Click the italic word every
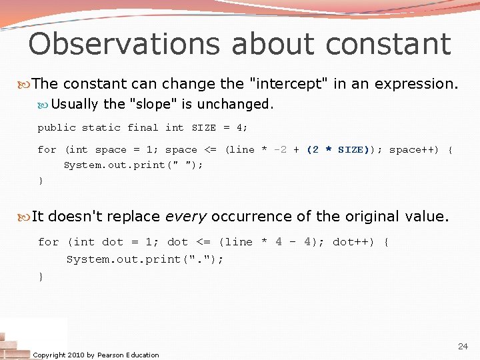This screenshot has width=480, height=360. pyautogui.click(x=189, y=217)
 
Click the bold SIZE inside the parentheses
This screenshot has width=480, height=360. pyautogui.click(x=351, y=150)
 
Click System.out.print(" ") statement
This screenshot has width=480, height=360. pyautogui.click(x=133, y=165)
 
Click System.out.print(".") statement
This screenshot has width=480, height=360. pyautogui.click(x=145, y=259)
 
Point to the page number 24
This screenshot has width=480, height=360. pyautogui.click(x=463, y=347)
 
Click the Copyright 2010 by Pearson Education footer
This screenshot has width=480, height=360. pyautogui.click(x=96, y=355)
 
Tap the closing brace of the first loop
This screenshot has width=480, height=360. pyautogui.click(x=41, y=181)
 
